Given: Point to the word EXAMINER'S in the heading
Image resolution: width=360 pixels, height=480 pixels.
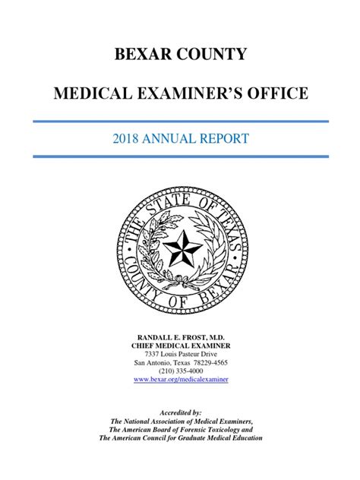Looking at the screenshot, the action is [191, 93].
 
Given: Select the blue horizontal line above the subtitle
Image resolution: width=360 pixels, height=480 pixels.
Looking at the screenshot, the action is [180, 121].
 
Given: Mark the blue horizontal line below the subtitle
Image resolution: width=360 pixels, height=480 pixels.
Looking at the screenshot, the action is [180, 156].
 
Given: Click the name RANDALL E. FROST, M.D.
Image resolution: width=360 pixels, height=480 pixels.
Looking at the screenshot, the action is [180, 336].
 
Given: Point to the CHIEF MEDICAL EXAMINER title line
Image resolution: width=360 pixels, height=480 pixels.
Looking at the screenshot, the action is [180, 346].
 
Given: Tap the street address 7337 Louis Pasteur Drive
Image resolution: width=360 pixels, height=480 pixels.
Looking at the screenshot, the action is [180, 355].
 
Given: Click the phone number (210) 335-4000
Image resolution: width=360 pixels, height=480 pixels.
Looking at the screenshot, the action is [180, 372].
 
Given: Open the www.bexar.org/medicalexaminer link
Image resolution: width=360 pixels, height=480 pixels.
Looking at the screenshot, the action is [180, 381].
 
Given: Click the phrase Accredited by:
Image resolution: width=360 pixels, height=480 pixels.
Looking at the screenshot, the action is [180, 410].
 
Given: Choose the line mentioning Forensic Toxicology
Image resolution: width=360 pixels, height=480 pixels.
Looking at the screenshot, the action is [180, 429].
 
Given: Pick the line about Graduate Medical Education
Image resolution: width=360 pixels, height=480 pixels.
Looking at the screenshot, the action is [180, 439].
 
